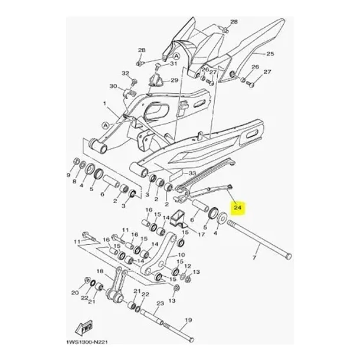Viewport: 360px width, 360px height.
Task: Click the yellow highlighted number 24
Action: [x=238, y=208]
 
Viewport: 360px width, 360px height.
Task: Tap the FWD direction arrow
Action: [x=84, y=327]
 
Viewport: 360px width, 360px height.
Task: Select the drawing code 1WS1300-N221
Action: [x=87, y=342]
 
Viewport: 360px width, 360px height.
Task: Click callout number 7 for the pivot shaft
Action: [x=254, y=257]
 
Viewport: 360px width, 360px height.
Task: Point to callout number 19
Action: [x=188, y=320]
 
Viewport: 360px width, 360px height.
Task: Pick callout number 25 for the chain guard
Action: [x=270, y=54]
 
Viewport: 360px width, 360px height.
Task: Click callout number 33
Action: [x=192, y=173]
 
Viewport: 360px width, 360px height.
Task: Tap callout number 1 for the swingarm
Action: [x=104, y=103]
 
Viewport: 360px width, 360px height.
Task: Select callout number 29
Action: [x=174, y=80]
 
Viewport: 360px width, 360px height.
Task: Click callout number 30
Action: [x=113, y=86]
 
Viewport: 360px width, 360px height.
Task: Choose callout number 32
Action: [x=125, y=73]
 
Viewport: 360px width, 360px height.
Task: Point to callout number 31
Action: [x=174, y=63]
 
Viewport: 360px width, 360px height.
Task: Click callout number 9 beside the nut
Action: [x=68, y=175]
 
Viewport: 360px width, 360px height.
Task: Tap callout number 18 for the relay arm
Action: [x=100, y=271]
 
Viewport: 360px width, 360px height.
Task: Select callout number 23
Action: [x=161, y=303]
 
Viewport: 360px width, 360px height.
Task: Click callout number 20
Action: [x=75, y=293]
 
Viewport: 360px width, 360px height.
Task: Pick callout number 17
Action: [x=201, y=235]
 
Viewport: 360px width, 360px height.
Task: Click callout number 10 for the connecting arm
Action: [x=181, y=255]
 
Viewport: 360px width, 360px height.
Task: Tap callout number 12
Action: [x=188, y=266]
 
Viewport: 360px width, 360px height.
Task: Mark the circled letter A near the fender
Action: [x=176, y=56]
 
